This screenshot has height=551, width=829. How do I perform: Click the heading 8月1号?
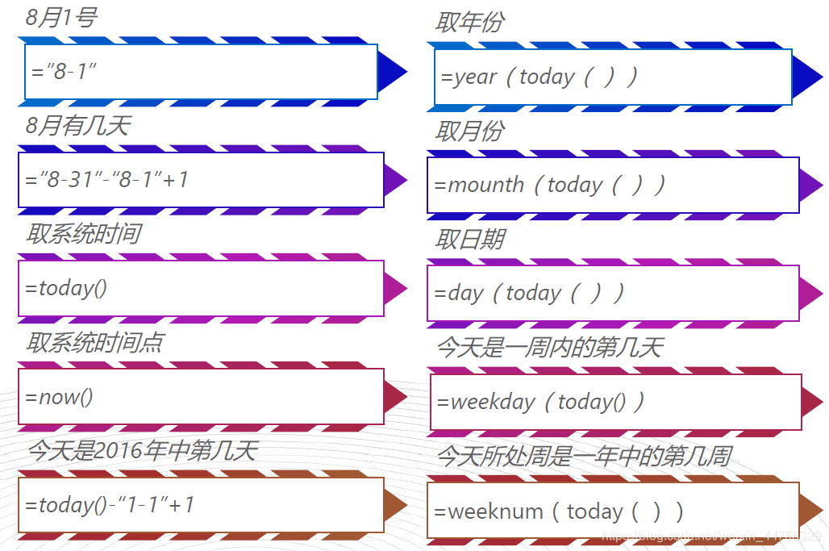[x=61, y=18]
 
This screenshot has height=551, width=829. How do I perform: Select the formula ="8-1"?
[x=64, y=71]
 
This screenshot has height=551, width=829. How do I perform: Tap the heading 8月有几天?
[x=77, y=126]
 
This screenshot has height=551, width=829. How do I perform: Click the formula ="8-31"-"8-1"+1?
[x=107, y=179]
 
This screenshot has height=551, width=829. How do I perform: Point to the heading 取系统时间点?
[x=94, y=343]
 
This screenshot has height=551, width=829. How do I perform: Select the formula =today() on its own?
[x=66, y=288]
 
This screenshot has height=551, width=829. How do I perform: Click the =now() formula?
[x=60, y=397]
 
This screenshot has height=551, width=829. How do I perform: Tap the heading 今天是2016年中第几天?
[x=142, y=451]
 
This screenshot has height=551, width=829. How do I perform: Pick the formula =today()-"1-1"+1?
[x=110, y=505]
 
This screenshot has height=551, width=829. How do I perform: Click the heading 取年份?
[x=469, y=23]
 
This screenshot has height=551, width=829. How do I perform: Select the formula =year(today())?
[x=539, y=77]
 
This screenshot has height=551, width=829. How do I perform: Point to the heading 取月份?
[x=469, y=131]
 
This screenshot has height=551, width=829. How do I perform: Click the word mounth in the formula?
[x=486, y=185]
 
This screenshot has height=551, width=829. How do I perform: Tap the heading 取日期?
[x=469, y=240]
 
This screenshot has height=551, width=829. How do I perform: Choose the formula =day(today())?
[x=530, y=293]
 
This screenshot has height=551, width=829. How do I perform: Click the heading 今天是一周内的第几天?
[x=549, y=348]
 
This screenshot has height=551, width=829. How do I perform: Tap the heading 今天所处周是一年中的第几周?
[x=584, y=457]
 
